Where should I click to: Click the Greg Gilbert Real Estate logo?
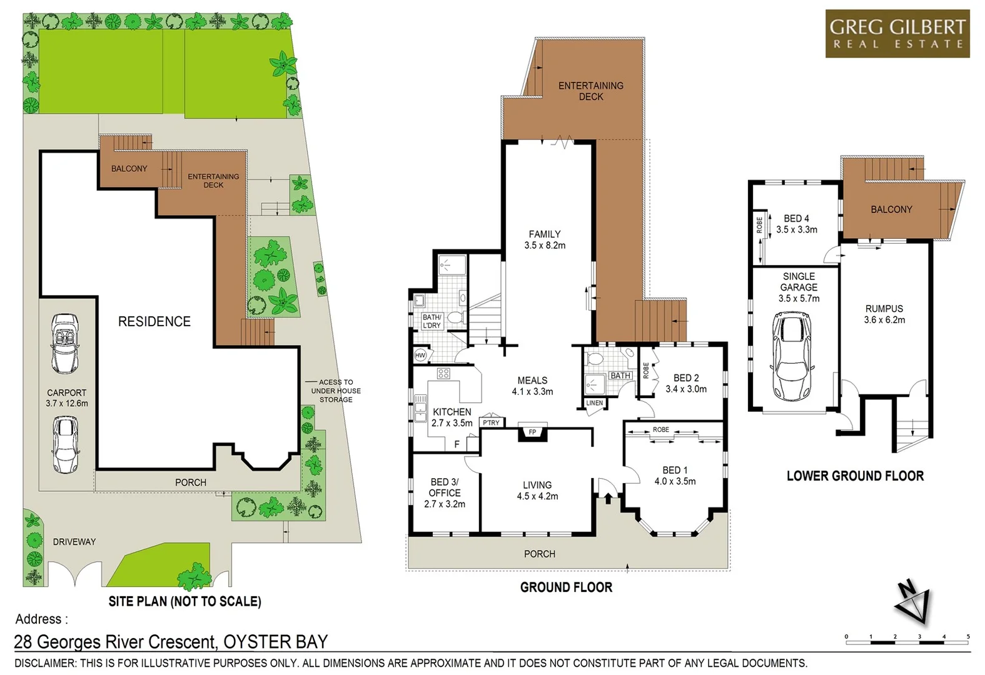(897, 34)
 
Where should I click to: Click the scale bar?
(907, 641)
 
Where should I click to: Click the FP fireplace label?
(532, 432)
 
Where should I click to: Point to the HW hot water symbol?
(420, 355)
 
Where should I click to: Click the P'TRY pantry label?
(491, 422)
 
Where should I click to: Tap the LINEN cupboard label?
(595, 402)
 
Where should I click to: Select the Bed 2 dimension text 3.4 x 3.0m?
(686, 389)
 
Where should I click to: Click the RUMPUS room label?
(884, 308)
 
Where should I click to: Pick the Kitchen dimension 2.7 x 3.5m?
(452, 423)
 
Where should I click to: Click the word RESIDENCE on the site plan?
(154, 321)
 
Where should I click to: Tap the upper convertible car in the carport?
(66, 343)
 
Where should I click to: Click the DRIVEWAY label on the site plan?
(74, 542)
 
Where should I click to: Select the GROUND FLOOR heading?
(566, 587)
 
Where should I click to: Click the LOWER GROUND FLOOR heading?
(855, 476)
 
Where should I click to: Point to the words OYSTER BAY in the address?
(275, 642)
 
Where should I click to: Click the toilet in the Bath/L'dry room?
(455, 317)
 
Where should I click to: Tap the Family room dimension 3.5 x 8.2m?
(545, 246)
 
